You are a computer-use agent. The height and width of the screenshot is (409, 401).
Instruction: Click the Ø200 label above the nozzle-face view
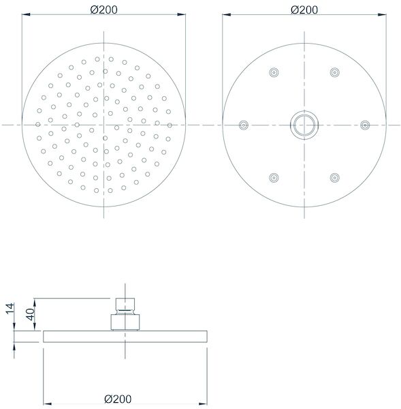[x=103, y=10]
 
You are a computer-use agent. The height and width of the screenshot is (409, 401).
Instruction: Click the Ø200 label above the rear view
[x=304, y=10]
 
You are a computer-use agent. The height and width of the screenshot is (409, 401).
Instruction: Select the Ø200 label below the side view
[x=118, y=399]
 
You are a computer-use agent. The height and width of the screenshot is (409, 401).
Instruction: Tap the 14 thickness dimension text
[x=10, y=309]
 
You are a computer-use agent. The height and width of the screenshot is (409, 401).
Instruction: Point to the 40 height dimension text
[x=30, y=314]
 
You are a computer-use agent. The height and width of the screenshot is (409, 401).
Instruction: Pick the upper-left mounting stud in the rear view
[x=274, y=72]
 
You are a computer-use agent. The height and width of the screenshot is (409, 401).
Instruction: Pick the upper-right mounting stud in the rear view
[x=334, y=72]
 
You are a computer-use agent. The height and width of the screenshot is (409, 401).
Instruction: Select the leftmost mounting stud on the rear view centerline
[x=243, y=125]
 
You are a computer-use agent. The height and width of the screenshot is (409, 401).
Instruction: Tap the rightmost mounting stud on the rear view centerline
[x=365, y=125]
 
